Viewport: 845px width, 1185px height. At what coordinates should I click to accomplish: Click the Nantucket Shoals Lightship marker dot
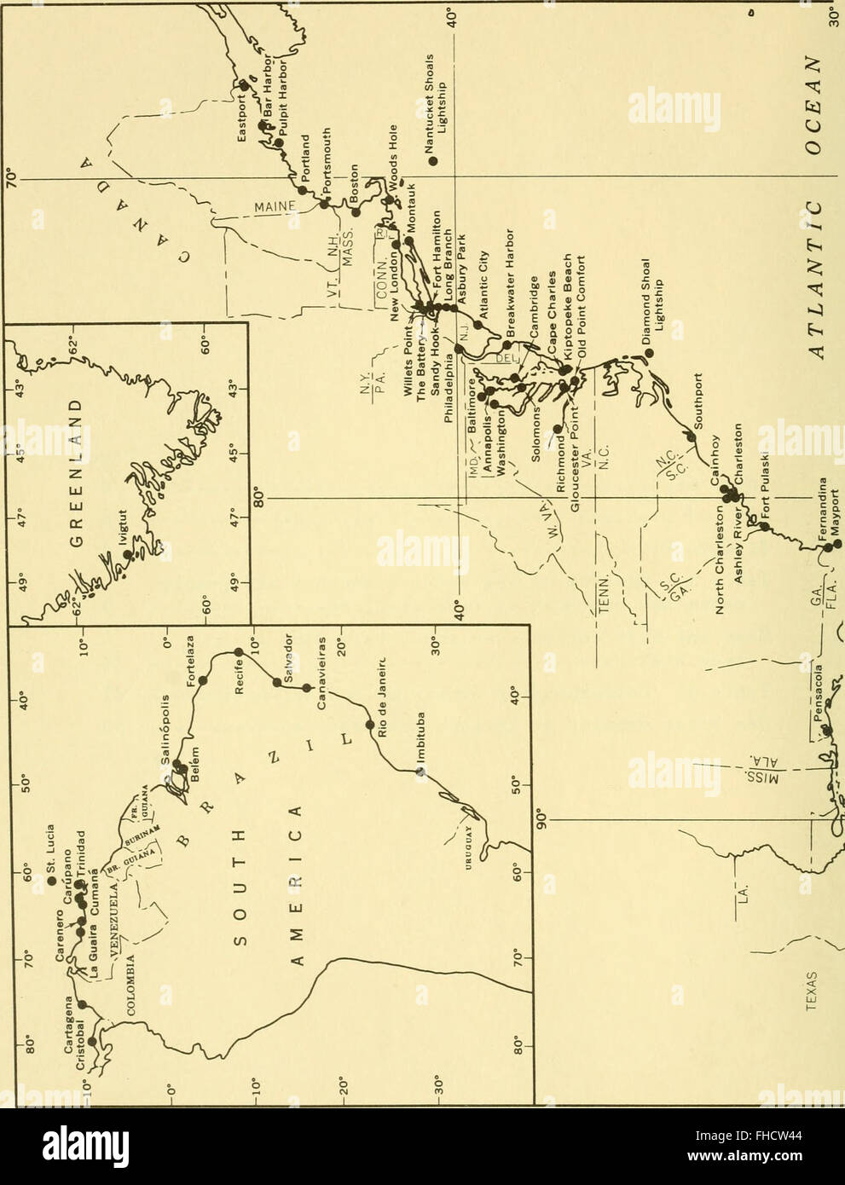tap(433, 159)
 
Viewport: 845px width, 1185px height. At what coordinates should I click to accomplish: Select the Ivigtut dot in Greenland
tap(128, 554)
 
